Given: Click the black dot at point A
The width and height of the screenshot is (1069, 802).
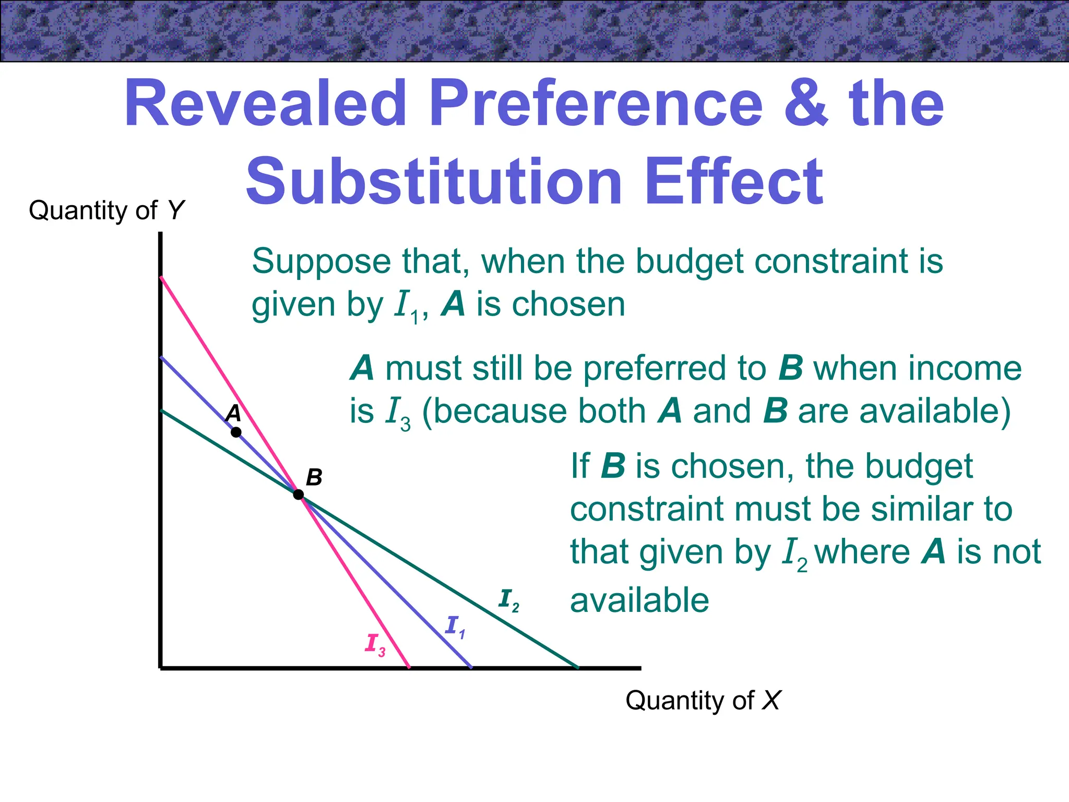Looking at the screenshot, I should point(236,432).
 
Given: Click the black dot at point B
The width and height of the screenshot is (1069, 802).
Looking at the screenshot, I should point(298,494).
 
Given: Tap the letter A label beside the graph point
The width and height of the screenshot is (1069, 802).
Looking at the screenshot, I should point(233,414).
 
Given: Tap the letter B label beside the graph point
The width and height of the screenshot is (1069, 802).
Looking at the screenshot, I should point(314,477).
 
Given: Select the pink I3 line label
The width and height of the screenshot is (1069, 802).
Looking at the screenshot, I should point(375,645).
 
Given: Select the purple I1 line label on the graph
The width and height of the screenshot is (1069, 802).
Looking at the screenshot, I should point(455,627).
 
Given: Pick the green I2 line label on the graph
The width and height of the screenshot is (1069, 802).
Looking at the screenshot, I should point(508,600).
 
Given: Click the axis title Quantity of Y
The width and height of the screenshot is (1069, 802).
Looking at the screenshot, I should point(106,211).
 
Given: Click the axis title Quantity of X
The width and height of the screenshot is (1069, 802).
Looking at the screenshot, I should point(703,701).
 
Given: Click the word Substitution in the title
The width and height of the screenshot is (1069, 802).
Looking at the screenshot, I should point(434,182).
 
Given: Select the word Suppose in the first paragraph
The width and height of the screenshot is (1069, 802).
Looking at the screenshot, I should point(321,262).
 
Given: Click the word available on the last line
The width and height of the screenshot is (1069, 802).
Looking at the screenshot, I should point(639,600).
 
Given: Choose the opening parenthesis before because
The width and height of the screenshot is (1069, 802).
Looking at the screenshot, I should point(426,412).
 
